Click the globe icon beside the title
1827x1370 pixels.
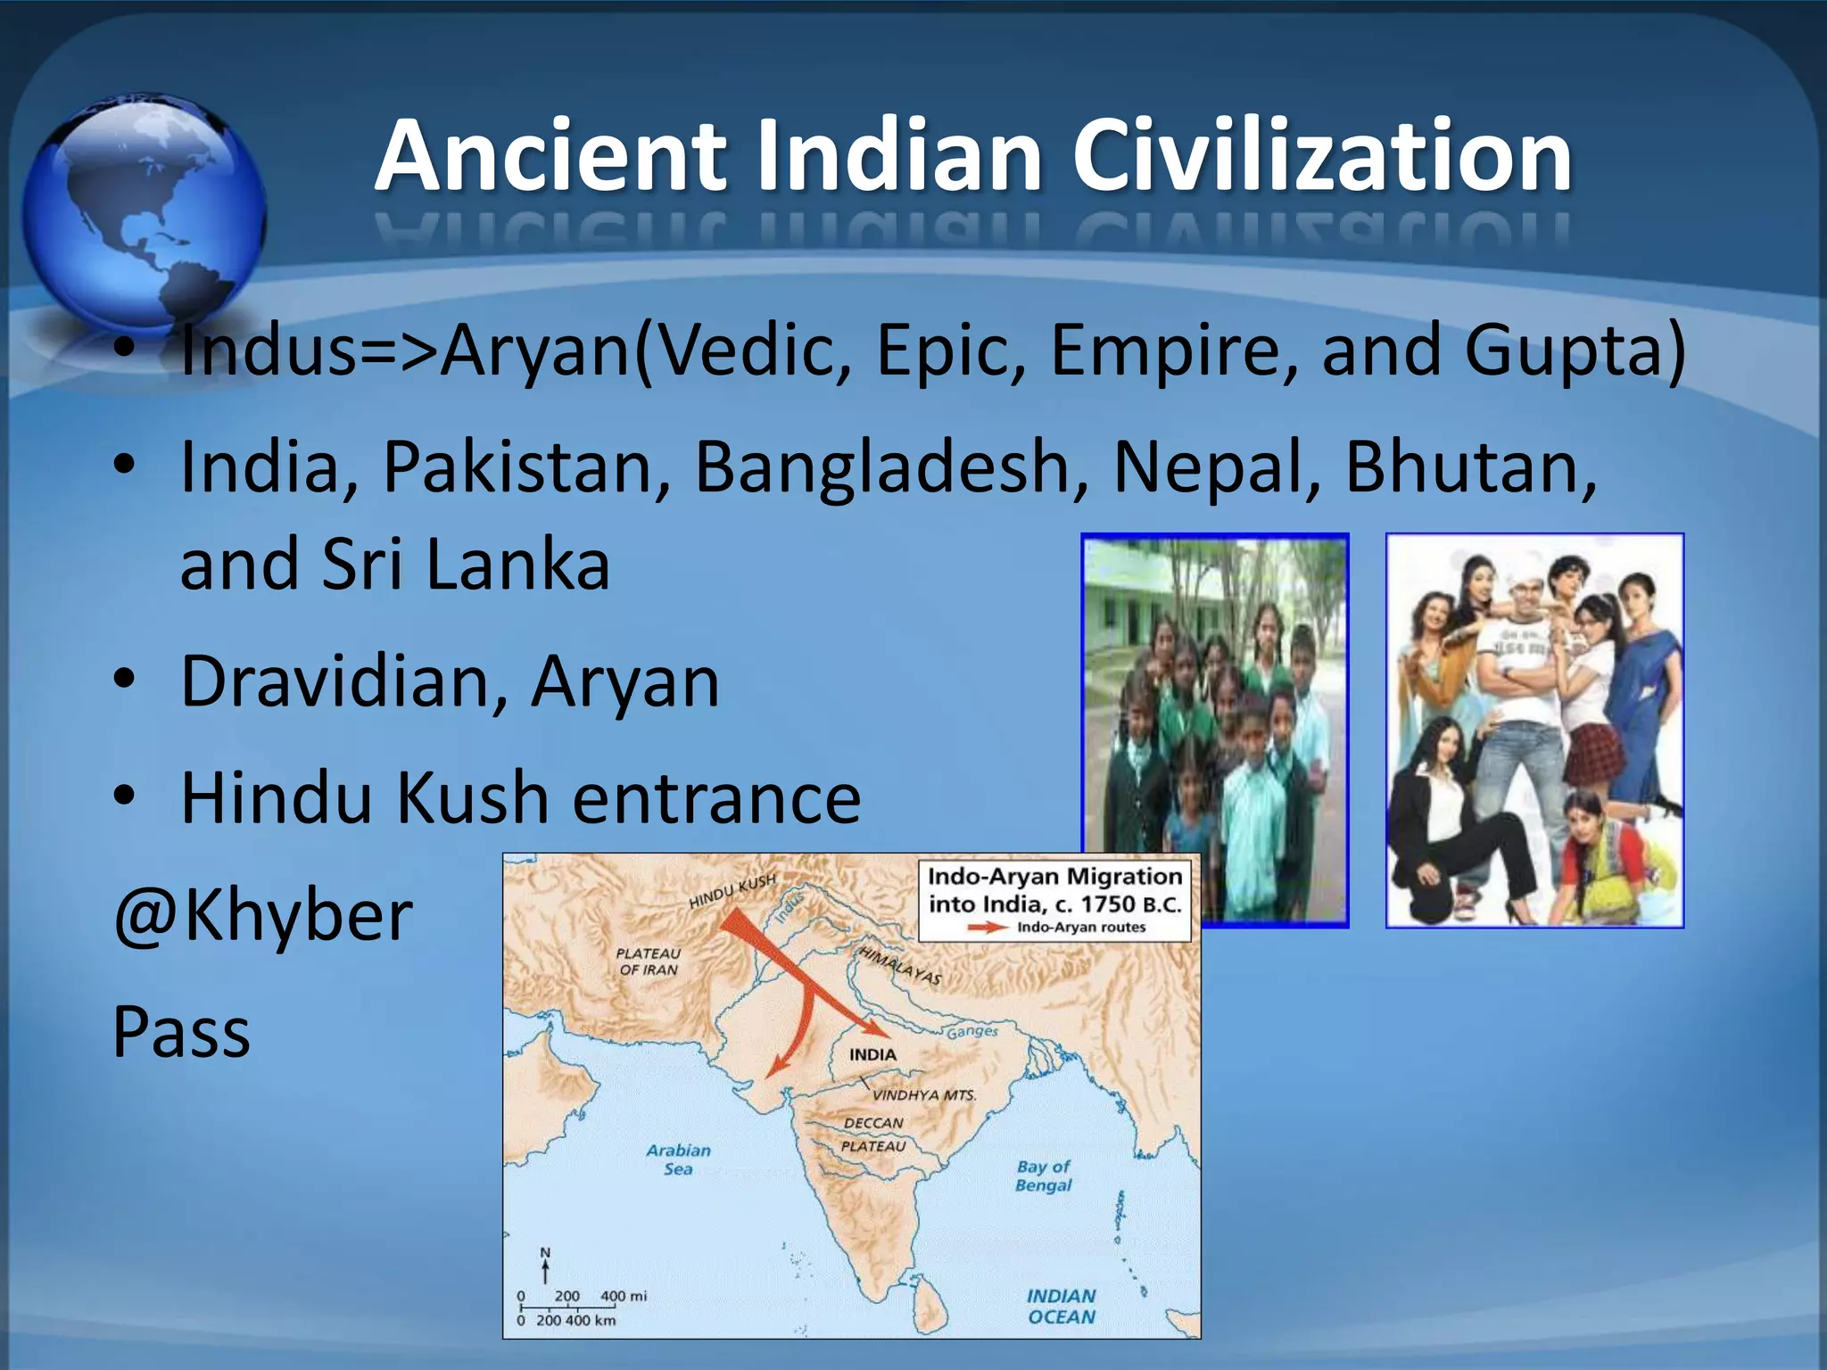(x=143, y=210)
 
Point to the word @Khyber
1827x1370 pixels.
(x=263, y=916)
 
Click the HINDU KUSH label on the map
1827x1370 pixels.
(x=732, y=891)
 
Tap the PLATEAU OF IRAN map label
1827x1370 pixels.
(x=649, y=961)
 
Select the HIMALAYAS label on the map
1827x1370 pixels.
(x=899, y=966)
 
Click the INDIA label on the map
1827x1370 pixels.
(x=872, y=1054)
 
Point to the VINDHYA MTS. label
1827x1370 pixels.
(x=924, y=1094)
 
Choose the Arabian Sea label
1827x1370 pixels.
(x=678, y=1160)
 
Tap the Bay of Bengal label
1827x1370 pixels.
(x=1043, y=1176)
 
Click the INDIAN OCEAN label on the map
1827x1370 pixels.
(x=1061, y=1307)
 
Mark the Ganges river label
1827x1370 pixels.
(x=972, y=1032)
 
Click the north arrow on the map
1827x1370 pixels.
(x=545, y=1266)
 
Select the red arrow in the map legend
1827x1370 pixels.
(x=988, y=928)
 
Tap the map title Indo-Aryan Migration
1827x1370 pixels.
(x=1054, y=877)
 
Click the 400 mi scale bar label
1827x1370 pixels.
(x=624, y=1296)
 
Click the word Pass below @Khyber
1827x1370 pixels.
(x=182, y=1032)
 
